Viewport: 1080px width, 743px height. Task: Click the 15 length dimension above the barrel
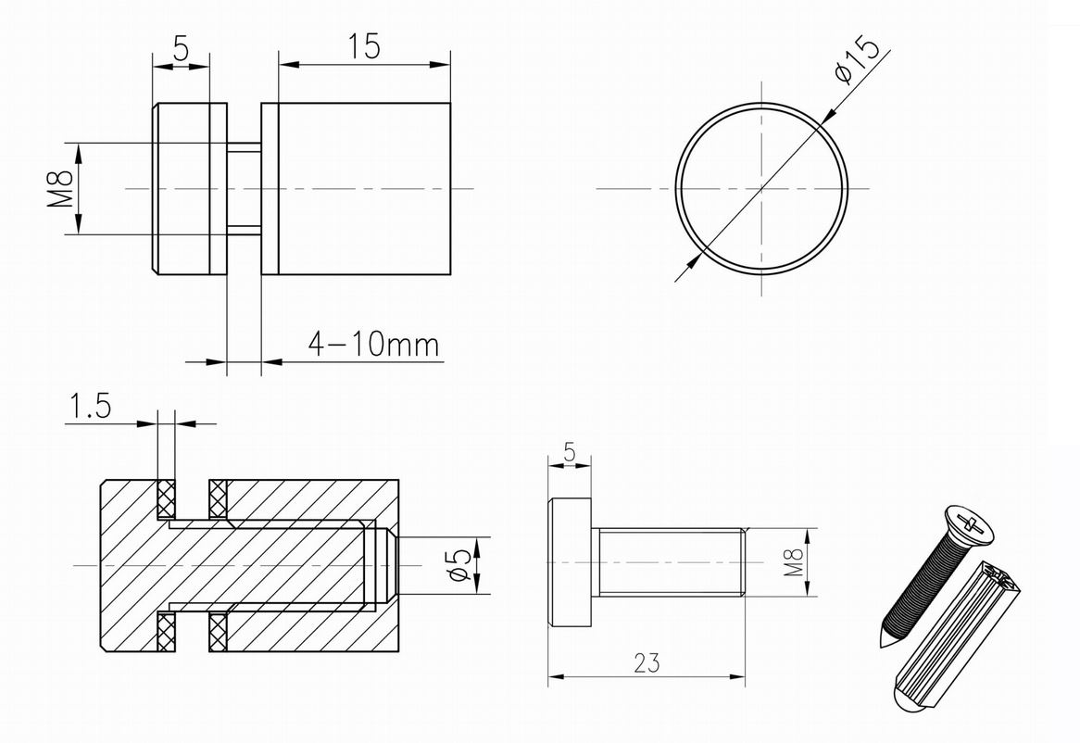click(363, 47)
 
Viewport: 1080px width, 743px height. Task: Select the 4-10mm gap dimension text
click(373, 344)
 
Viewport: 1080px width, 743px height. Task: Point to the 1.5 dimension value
click(89, 407)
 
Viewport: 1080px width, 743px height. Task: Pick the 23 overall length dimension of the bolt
click(647, 662)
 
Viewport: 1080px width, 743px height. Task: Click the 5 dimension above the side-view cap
click(181, 50)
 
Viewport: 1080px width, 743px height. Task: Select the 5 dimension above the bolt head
click(569, 452)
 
